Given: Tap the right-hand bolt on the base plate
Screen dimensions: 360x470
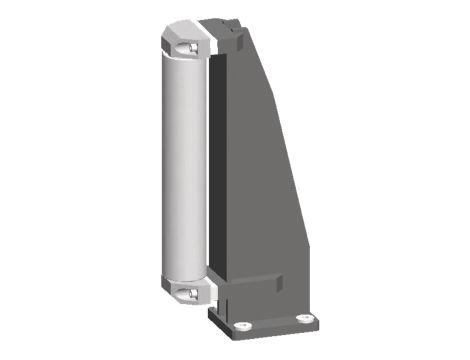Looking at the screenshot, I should pos(305,319).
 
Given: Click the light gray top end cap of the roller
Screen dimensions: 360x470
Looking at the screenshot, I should pos(183,41).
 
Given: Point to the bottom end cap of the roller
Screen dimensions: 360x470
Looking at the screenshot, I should pos(182,289).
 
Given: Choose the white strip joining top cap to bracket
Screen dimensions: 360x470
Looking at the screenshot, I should pos(207,41).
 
